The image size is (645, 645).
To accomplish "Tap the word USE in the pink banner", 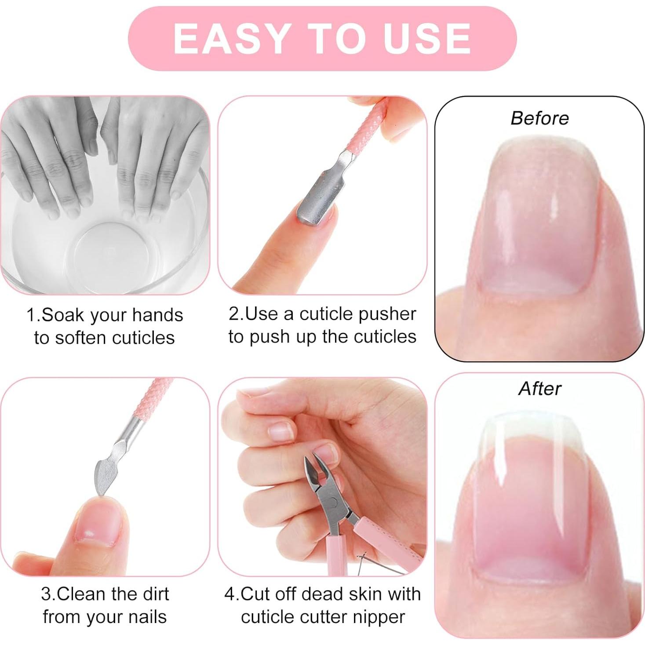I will [426, 38].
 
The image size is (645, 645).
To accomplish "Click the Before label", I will [539, 118].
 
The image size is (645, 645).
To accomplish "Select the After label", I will [539, 389].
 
